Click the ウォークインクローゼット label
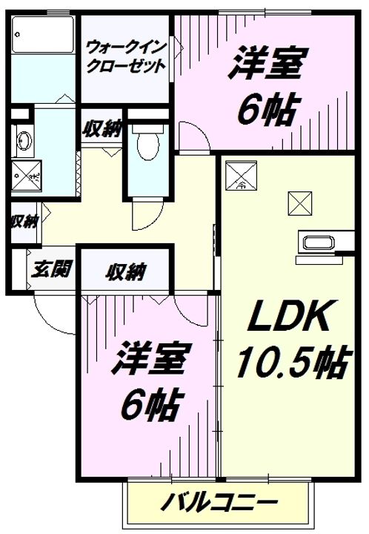click(x=125, y=57)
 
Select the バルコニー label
click(x=219, y=501)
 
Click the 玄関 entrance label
click(x=52, y=269)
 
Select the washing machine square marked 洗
click(x=26, y=176)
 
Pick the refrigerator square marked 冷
click(x=242, y=175)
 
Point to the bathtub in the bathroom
click(x=43, y=34)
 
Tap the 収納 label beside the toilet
click(x=102, y=129)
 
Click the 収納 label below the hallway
click(x=125, y=271)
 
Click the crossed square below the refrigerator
click(x=300, y=203)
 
